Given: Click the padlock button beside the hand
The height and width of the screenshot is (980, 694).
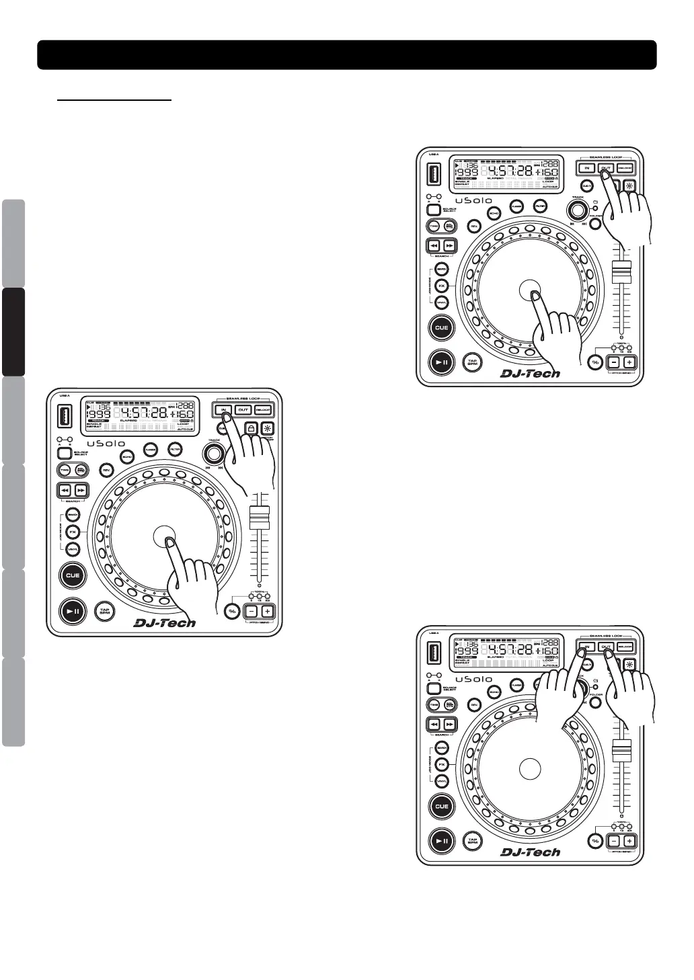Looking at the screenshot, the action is [x=250, y=427].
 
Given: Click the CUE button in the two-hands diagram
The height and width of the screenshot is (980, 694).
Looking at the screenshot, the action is [x=441, y=807].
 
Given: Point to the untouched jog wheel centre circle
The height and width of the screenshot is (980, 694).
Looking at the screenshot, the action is [x=530, y=768].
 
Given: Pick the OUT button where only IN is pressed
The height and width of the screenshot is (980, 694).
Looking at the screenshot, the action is [x=243, y=409].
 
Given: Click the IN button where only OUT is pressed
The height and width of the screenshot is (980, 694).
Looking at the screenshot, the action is [x=587, y=168].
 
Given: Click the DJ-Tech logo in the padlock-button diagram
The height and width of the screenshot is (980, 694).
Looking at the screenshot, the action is [x=165, y=623].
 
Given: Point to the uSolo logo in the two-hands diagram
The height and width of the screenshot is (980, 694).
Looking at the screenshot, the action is [x=473, y=679].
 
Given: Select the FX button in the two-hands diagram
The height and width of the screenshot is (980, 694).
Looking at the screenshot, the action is [x=442, y=765].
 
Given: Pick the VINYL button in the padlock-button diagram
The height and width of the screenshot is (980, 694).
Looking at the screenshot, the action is [x=73, y=548].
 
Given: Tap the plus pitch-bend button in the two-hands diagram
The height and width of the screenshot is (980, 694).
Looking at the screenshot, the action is [x=629, y=841].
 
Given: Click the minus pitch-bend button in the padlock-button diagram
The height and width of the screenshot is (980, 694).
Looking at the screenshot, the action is [x=250, y=611].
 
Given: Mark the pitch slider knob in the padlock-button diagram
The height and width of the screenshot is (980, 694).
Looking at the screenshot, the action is [x=260, y=517].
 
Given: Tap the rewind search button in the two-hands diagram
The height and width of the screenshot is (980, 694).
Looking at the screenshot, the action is [x=434, y=724].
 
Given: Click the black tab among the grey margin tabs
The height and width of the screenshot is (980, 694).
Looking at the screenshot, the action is [x=13, y=332].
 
